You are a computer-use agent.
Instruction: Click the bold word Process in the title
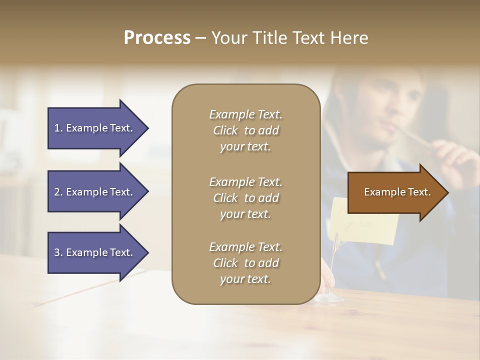click(x=157, y=37)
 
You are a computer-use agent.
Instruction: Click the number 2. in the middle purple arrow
click(x=58, y=192)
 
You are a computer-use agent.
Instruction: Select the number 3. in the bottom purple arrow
click(x=58, y=252)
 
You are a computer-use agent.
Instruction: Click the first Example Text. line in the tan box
click(x=245, y=114)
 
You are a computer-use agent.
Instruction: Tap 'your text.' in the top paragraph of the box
click(x=245, y=147)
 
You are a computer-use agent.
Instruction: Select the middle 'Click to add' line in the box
click(x=245, y=198)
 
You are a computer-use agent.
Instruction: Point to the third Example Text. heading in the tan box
click(x=245, y=247)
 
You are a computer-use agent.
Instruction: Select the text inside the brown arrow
click(x=397, y=192)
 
